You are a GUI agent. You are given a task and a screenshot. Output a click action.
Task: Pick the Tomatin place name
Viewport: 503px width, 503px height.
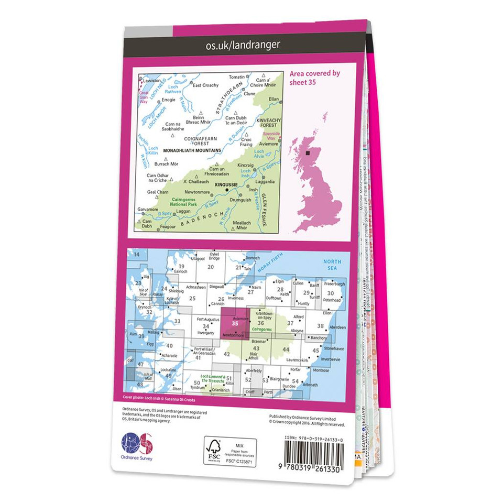(237, 77)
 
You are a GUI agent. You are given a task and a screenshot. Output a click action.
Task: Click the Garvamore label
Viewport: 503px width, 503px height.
(147, 210)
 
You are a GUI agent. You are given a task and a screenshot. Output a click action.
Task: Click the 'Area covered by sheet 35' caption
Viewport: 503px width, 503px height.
(314, 78)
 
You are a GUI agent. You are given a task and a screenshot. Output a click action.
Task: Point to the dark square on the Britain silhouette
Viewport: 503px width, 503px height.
(308, 154)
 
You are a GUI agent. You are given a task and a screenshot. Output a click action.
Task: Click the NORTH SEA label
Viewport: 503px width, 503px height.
(332, 265)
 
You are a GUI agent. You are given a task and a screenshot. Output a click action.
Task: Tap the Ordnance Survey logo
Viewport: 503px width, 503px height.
(136, 444)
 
